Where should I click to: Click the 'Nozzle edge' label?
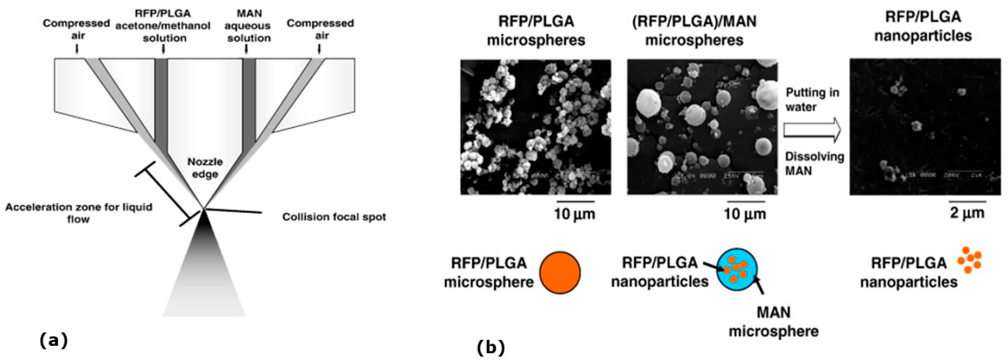(x=205, y=168)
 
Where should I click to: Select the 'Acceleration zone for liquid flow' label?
(x=79, y=213)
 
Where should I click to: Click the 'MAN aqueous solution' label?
(x=249, y=26)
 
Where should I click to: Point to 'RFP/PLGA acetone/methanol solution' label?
(x=163, y=26)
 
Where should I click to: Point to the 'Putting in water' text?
(x=812, y=100)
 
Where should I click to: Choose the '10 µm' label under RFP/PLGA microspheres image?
(x=574, y=214)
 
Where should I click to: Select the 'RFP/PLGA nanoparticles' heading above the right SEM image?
(x=923, y=26)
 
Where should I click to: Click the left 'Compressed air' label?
(x=77, y=29)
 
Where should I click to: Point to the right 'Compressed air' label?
(x=320, y=29)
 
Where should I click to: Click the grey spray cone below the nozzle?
(x=204, y=274)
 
